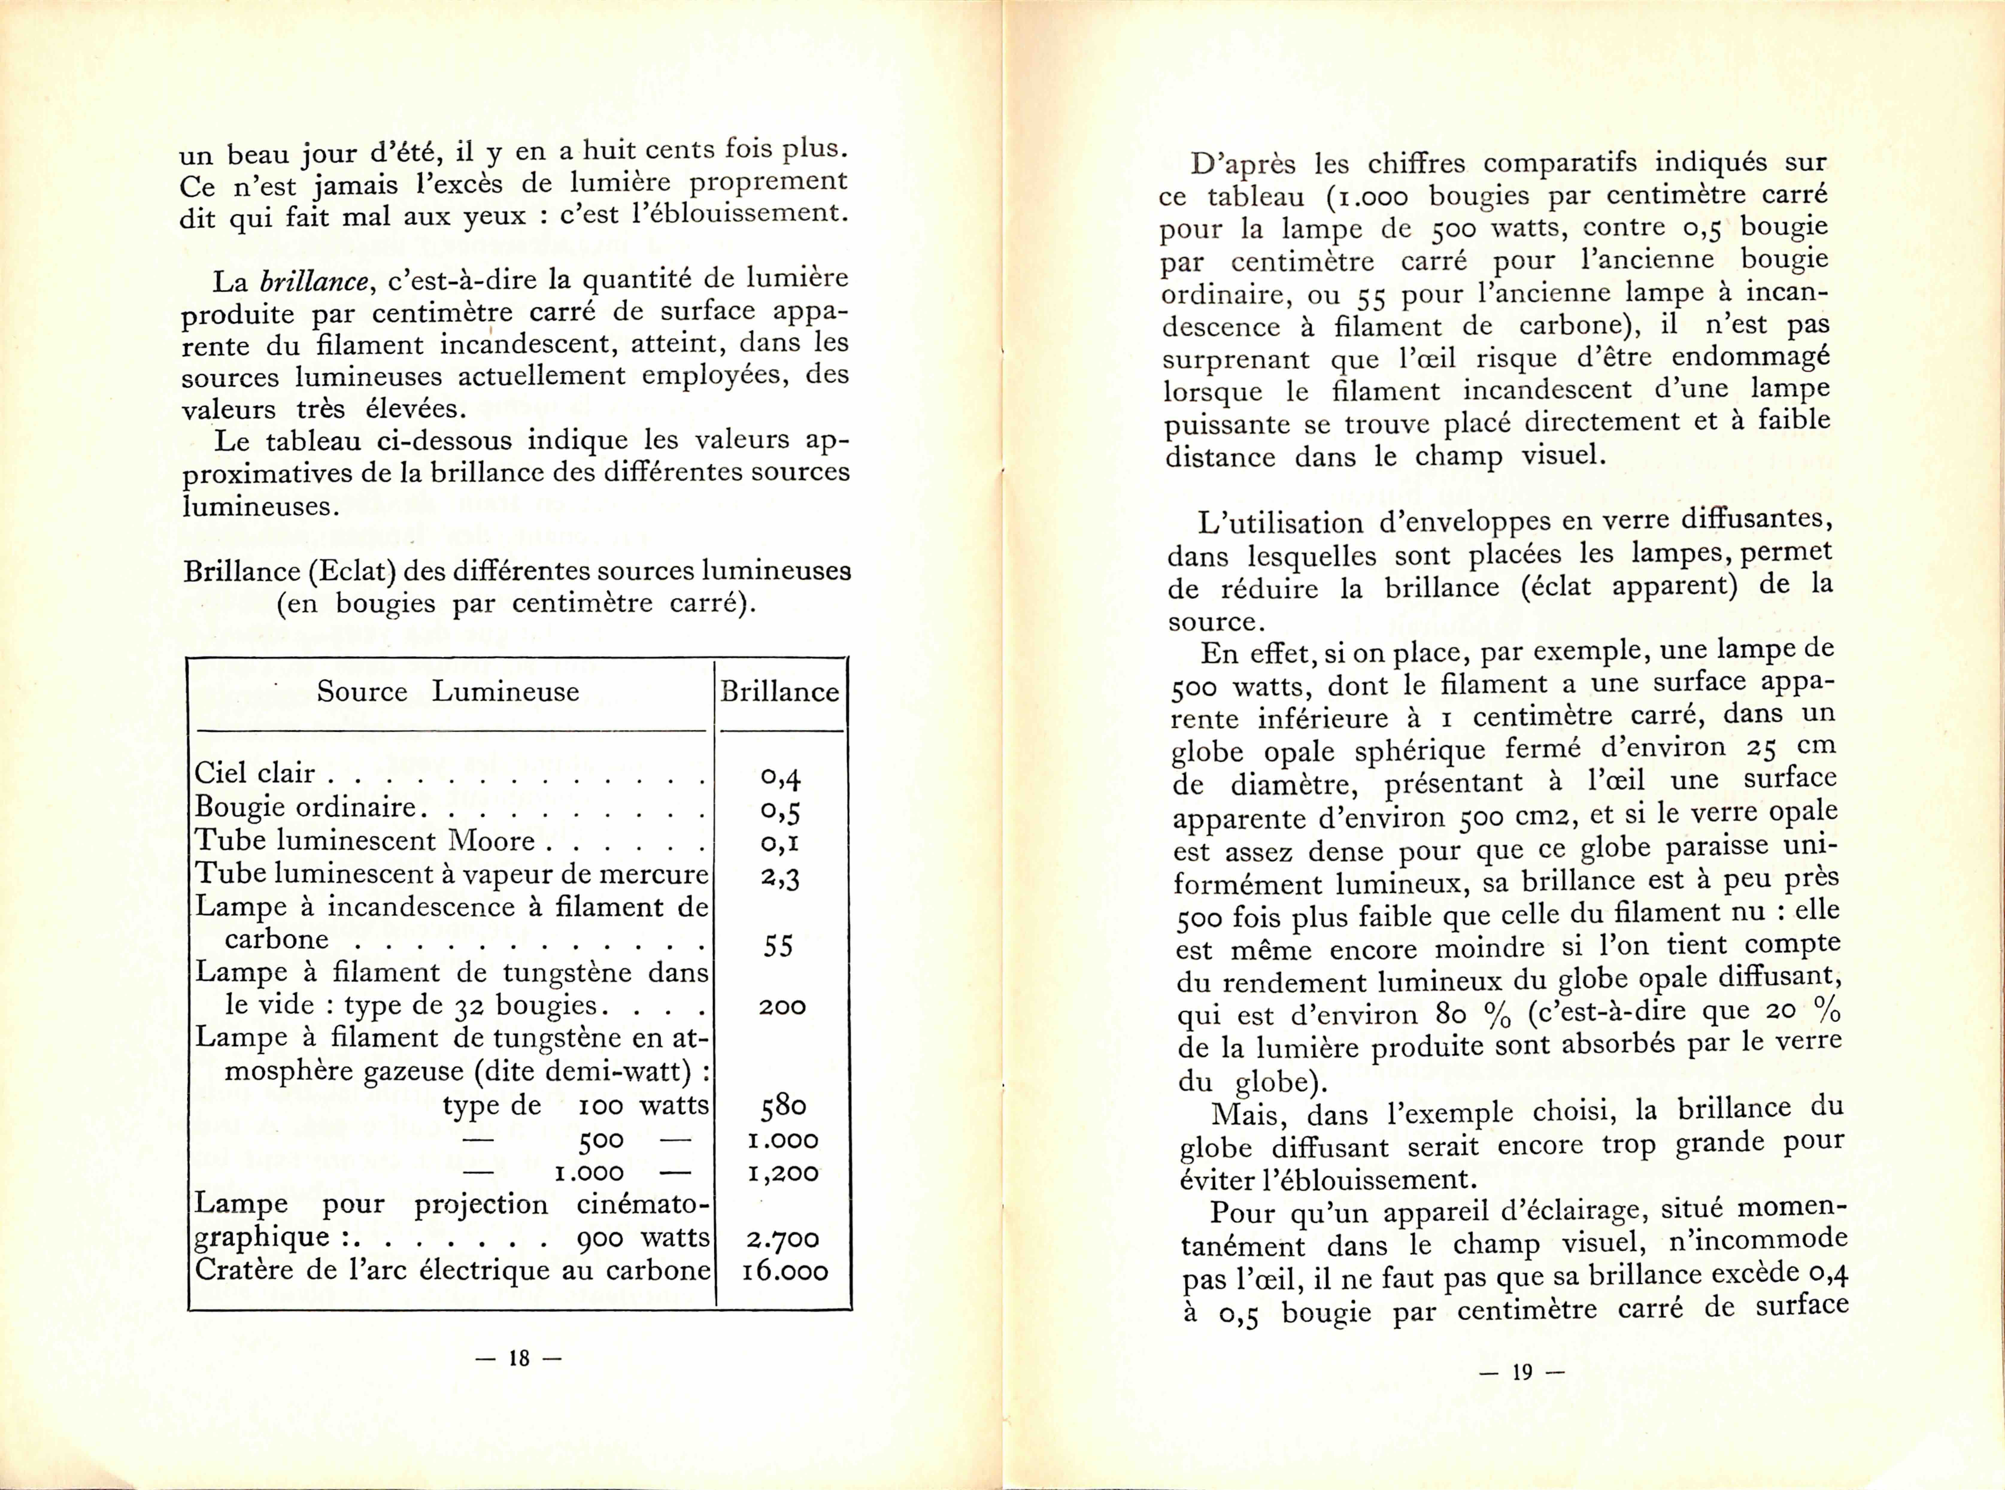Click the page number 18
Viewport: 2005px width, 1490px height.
(519, 1358)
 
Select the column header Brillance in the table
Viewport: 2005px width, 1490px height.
(779, 692)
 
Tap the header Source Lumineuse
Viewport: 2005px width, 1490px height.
(447, 692)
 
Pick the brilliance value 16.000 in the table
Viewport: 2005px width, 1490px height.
(784, 1272)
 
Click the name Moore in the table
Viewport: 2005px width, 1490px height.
(492, 840)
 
